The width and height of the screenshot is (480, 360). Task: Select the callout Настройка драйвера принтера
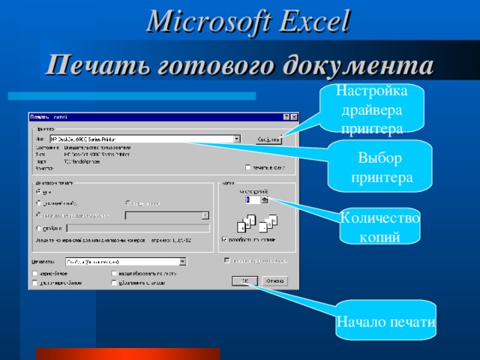[372, 110]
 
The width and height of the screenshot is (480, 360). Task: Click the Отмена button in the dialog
[275, 281]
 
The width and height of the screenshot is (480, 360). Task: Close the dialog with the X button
[294, 117]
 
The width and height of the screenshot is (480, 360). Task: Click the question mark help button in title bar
[285, 117]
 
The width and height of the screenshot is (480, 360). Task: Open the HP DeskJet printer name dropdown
[237, 139]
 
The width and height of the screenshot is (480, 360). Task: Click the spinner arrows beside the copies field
[264, 200]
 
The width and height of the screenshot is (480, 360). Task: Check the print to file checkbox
[248, 167]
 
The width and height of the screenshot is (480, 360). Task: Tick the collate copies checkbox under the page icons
[223, 240]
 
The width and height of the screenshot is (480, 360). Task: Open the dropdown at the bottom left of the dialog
[182, 262]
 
